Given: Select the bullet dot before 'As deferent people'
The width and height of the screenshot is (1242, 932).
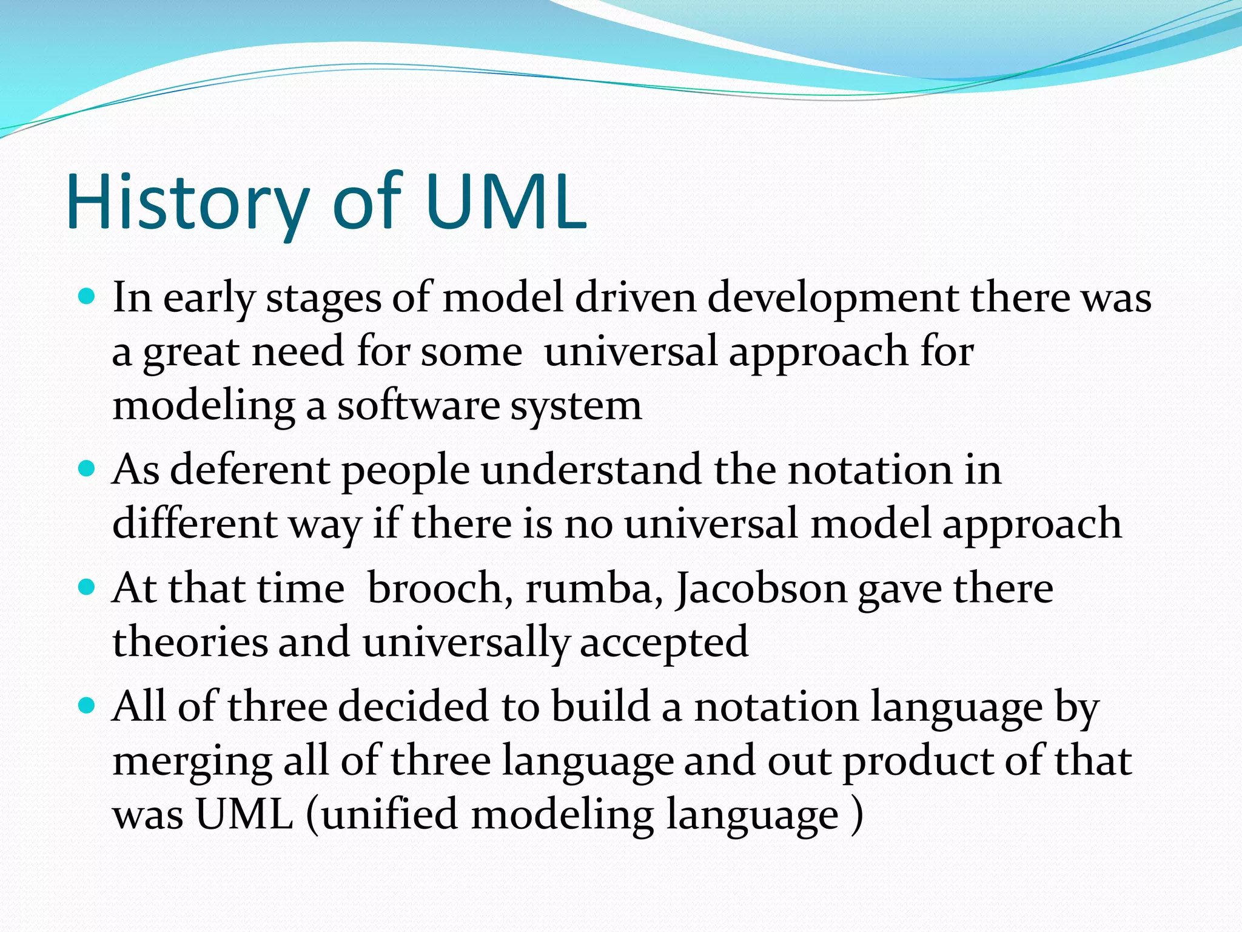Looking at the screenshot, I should coord(88,469).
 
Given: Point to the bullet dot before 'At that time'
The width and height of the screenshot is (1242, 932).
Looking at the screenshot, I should coord(88,587).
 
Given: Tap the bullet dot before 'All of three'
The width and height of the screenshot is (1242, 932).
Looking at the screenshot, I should coord(88,706).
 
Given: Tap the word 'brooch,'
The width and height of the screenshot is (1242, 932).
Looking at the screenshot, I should coord(440,589).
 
